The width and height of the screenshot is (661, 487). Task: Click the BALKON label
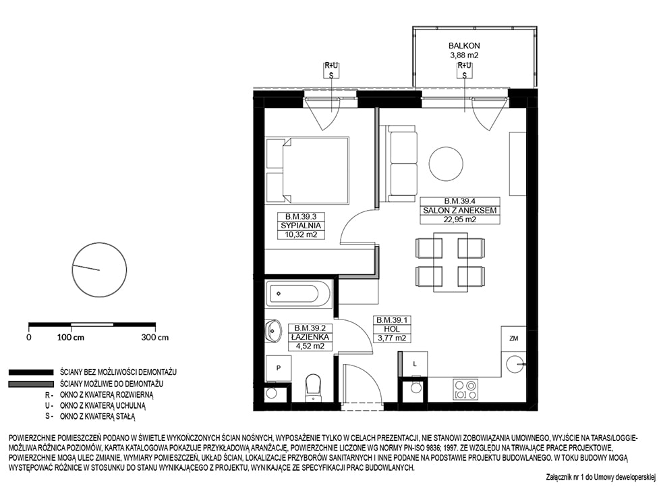pyautogui.click(x=464, y=45)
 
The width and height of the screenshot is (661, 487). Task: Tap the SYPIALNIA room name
pyautogui.click(x=301, y=226)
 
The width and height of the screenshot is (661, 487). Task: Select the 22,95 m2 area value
pyautogui.click(x=459, y=219)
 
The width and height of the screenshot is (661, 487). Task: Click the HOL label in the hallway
pyautogui.click(x=392, y=329)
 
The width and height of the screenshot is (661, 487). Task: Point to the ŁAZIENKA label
pyautogui.click(x=310, y=337)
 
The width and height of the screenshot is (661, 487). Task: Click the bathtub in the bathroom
pyautogui.click(x=299, y=294)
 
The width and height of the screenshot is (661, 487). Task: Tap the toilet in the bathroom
pyautogui.click(x=313, y=388)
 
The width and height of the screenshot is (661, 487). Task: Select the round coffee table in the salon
pyautogui.click(x=446, y=163)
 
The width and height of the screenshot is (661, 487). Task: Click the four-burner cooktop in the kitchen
pyautogui.click(x=465, y=390)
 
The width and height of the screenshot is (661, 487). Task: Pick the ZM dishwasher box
pyautogui.click(x=513, y=338)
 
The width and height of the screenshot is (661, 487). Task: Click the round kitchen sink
pyautogui.click(x=515, y=364)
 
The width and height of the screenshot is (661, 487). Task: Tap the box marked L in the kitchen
pyautogui.click(x=415, y=364)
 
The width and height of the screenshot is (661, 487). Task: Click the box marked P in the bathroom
pyautogui.click(x=278, y=368)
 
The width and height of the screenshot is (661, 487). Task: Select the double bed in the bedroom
pyautogui.click(x=307, y=170)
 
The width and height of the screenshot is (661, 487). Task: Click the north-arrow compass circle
pyautogui.click(x=100, y=270)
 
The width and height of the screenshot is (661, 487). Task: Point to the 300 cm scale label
pyautogui.click(x=155, y=338)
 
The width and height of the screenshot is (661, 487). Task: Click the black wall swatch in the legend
pyautogui.click(x=31, y=372)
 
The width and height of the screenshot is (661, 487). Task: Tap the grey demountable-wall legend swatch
pyautogui.click(x=31, y=384)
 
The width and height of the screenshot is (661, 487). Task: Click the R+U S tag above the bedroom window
pyautogui.click(x=331, y=70)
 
